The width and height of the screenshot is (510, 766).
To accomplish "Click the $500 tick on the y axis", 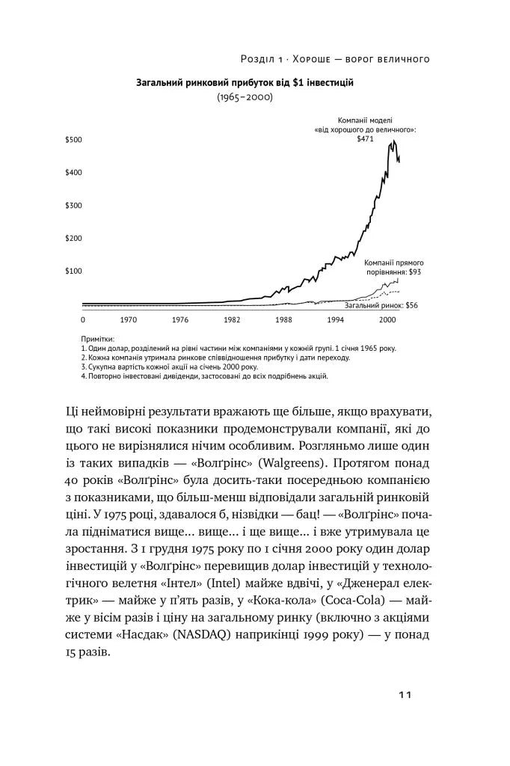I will pos(73,140).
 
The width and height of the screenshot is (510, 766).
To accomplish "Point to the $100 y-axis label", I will pos(73,272).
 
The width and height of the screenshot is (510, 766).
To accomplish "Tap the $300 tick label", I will pos(73,206).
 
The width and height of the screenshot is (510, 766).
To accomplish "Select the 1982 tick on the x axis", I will pos(232,319).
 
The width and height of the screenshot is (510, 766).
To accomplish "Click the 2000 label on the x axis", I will pos(387,319).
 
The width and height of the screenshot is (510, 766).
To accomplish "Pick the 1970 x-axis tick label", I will pos(128,319).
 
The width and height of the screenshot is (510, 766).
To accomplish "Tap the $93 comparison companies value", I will pos(416,272).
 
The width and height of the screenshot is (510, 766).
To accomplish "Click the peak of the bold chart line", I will pos(393,141).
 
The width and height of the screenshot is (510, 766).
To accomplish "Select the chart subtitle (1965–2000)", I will pos(245,97).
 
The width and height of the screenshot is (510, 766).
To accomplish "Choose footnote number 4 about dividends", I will pos(204,376).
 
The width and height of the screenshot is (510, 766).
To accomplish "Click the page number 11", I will pos(405,695).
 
